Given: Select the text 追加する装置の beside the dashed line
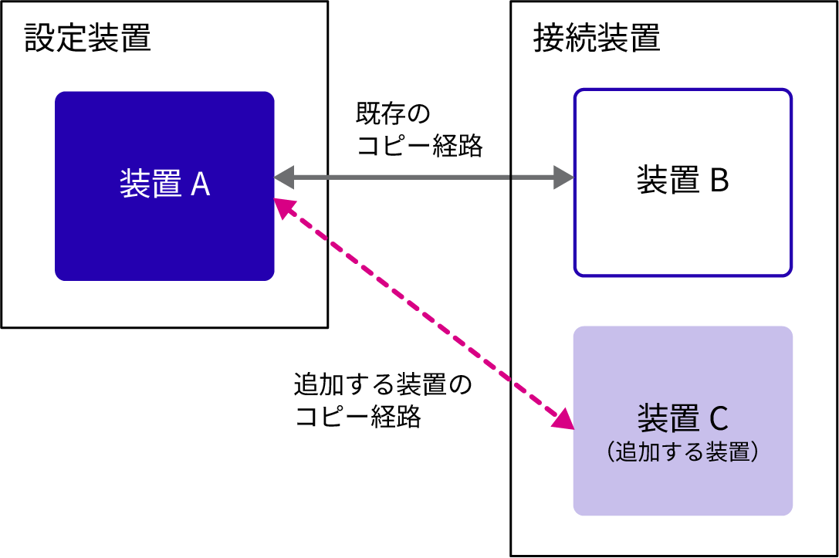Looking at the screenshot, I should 382,384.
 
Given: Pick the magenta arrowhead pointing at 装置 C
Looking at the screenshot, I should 565,419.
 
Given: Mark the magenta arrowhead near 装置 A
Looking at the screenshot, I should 284,206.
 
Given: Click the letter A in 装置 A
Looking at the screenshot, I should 200,184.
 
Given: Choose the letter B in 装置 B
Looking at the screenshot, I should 719,181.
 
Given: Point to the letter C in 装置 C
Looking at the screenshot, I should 718,419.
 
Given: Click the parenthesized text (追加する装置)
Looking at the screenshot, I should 682,451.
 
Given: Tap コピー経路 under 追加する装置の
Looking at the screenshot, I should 357,417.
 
